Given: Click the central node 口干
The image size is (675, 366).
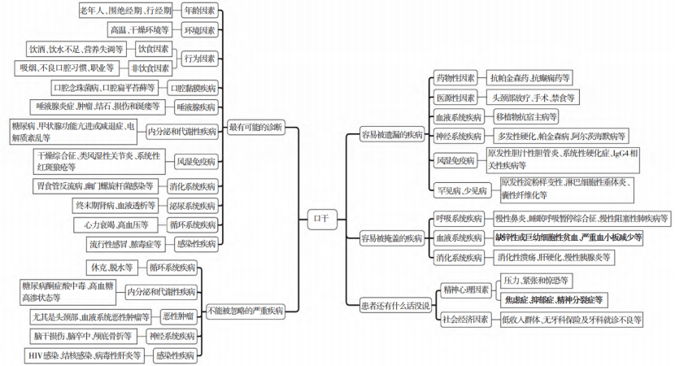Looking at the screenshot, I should pos(322,217).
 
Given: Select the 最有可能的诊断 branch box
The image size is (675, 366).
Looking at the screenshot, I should pos(256,128).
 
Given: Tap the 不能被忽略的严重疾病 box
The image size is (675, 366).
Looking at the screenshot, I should pos(246,310).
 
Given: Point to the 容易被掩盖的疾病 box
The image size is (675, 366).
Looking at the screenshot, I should pos(392,238).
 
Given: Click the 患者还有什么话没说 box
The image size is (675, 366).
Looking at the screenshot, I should pos(395,307).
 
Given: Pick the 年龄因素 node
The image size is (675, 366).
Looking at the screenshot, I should pos(199,11).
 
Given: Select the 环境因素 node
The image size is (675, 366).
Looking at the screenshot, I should pos(199,30).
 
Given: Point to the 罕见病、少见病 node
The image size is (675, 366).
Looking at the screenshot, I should pos(460,191).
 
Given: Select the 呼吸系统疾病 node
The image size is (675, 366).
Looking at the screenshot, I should pos(459,219).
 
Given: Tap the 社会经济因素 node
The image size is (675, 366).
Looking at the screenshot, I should pos(465,320).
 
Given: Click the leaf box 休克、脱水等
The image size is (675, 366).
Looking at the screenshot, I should pos(112,267).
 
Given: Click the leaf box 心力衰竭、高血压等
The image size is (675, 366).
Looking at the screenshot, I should pos(115,224).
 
